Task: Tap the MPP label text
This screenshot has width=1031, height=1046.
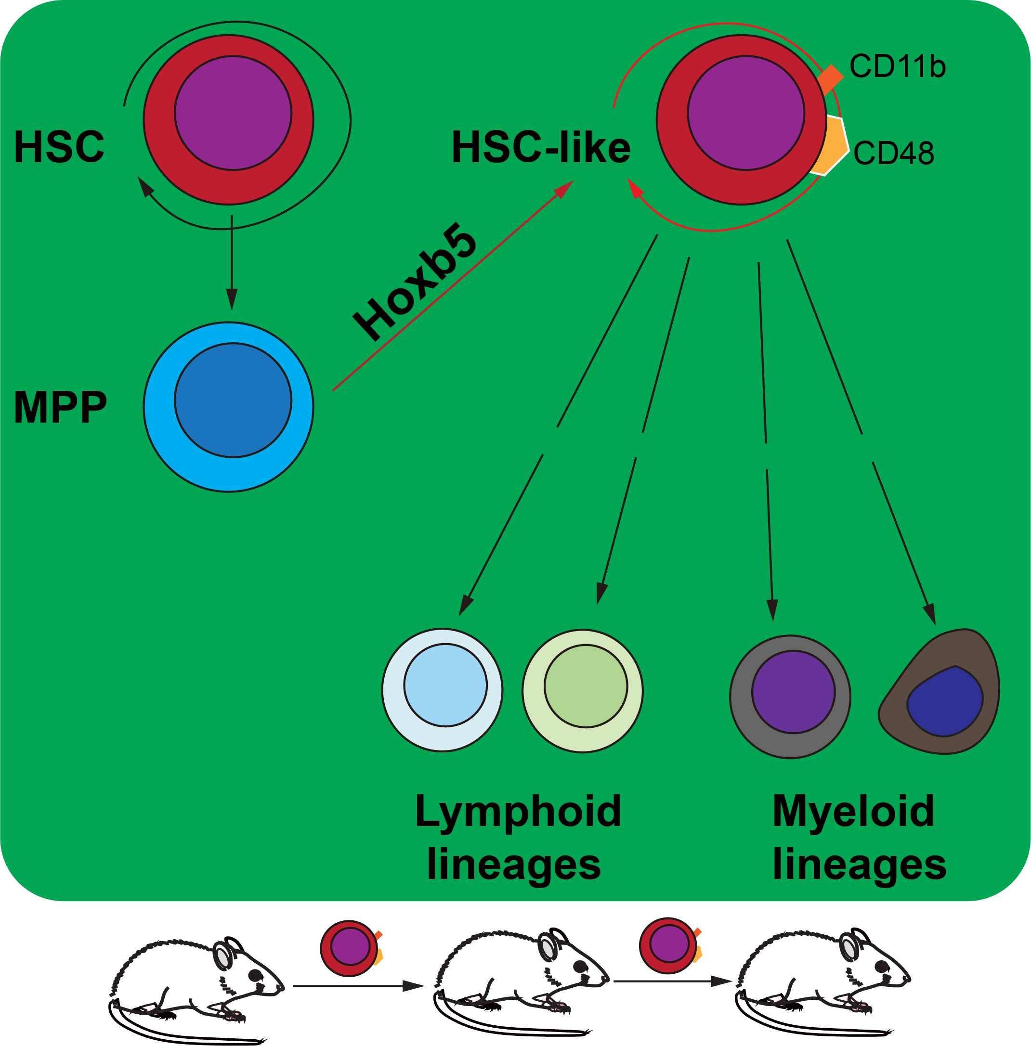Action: coord(60,407)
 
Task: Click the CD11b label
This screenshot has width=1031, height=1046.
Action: coord(897,66)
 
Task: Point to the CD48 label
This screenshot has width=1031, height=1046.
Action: coord(893,153)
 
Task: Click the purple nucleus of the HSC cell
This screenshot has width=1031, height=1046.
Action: coord(233,113)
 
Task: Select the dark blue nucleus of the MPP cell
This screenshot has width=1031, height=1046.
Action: coord(233,400)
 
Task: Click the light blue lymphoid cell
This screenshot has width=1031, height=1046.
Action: coord(443,690)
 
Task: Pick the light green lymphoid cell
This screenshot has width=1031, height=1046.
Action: coord(583,690)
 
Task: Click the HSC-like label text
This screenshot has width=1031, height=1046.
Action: coord(541,147)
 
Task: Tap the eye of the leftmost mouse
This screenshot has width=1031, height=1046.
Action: coord(255,975)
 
